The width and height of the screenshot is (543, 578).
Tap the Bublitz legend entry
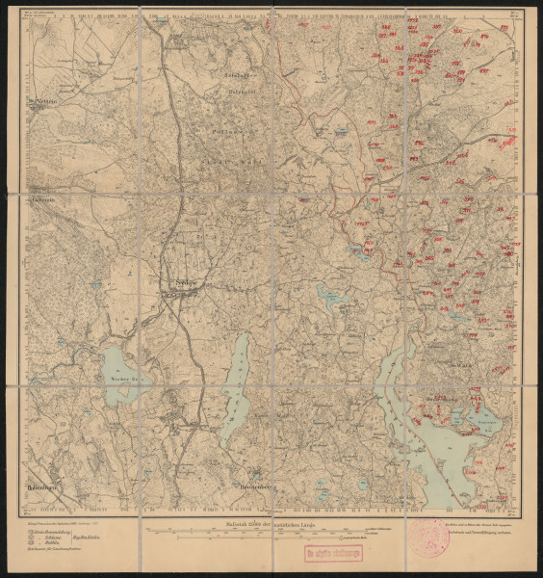[49, 544]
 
